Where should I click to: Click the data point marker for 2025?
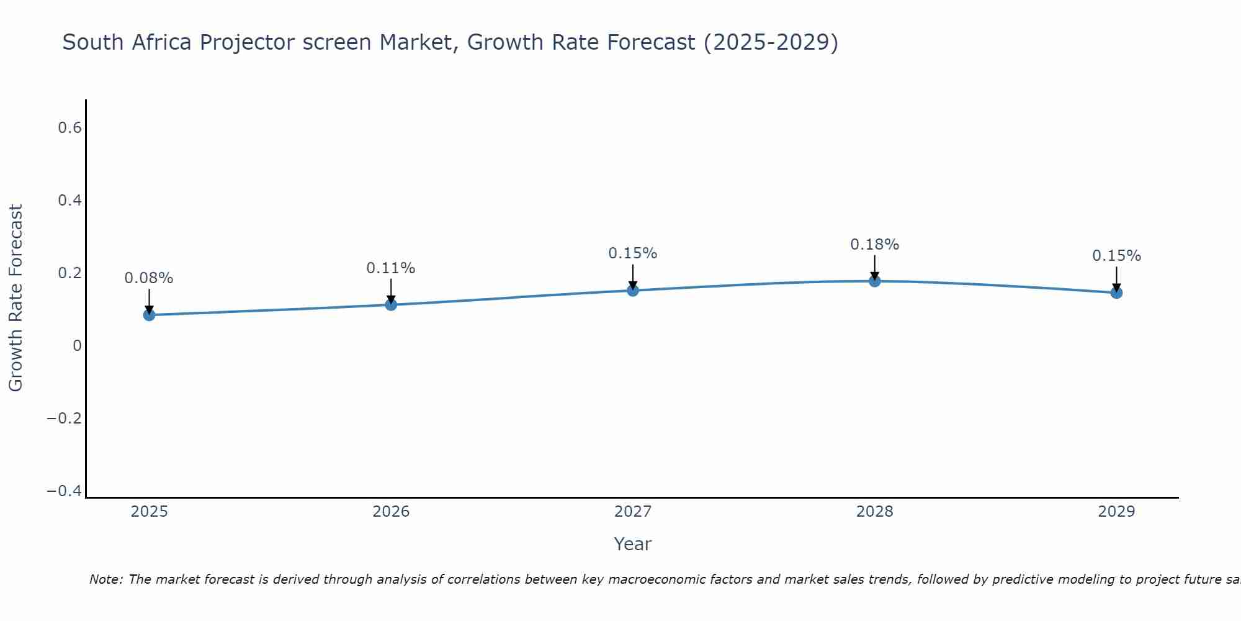(x=149, y=315)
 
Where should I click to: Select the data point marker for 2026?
(x=391, y=304)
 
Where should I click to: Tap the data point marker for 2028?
(x=874, y=281)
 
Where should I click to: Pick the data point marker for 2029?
(x=1116, y=292)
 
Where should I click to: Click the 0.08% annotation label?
(x=149, y=278)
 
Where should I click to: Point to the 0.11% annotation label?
(x=391, y=268)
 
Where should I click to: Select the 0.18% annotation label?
(x=874, y=245)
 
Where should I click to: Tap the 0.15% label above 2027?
(x=632, y=253)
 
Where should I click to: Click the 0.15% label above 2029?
(x=1116, y=256)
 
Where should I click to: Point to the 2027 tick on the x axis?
(x=632, y=512)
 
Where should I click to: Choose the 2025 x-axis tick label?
(x=149, y=512)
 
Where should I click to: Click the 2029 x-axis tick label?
(x=1116, y=512)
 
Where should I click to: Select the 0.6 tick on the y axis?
(x=69, y=128)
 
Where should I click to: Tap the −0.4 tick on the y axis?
(x=65, y=491)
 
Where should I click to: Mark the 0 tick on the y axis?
(x=77, y=346)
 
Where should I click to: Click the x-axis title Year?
(x=632, y=544)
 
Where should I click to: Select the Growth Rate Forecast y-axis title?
(x=16, y=298)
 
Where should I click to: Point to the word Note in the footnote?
(x=105, y=579)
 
